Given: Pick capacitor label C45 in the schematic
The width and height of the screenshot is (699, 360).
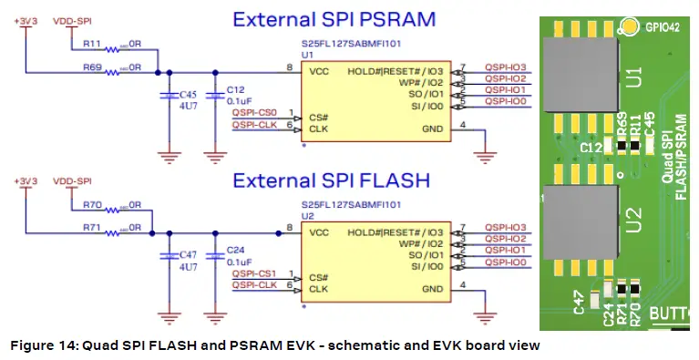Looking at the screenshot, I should pos(188,94).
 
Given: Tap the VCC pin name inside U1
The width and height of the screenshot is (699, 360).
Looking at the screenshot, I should pos(320,68).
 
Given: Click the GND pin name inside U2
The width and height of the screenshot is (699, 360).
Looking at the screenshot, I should pos(433,288).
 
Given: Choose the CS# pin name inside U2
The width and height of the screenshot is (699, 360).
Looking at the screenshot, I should pos(317,277).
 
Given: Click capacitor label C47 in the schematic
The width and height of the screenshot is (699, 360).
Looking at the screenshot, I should pos(188,256).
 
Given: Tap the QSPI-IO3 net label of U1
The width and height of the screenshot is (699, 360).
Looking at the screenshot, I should pos(505,65).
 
